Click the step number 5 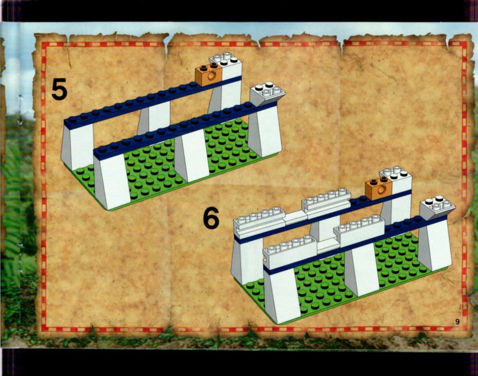(x=59, y=89)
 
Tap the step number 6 (x=211, y=218)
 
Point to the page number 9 (x=457, y=321)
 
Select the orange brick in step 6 (x=379, y=188)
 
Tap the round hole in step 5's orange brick (x=211, y=76)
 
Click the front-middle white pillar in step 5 (x=191, y=155)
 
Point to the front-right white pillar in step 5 (x=264, y=131)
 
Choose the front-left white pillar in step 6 (x=282, y=296)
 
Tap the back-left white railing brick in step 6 (x=259, y=221)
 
